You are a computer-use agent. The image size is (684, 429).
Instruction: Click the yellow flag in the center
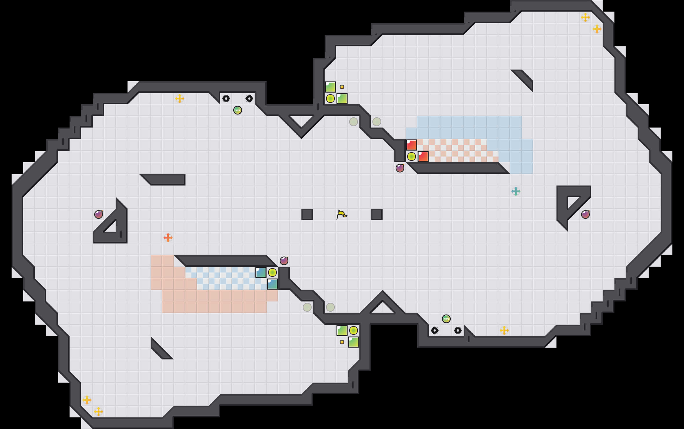[341, 215]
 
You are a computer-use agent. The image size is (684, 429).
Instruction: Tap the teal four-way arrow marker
[516, 191]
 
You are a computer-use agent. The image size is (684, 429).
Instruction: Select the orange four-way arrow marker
[168, 238]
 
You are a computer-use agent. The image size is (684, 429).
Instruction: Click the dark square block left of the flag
[307, 214]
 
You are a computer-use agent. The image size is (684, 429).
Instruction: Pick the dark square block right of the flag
[376, 214]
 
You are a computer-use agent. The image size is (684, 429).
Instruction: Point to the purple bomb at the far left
[99, 214]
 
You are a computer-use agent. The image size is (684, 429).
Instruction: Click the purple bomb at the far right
[585, 214]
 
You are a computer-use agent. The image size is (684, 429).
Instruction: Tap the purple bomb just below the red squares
[400, 168]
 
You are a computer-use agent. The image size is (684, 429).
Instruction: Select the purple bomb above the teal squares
[284, 261]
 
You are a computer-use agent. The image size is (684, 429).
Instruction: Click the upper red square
[412, 145]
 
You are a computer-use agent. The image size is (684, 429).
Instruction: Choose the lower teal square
[272, 284]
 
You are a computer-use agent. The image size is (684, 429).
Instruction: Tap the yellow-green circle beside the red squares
[412, 157]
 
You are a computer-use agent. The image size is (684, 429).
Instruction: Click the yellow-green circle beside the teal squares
[272, 272]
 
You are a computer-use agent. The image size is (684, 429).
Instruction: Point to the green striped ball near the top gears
[238, 110]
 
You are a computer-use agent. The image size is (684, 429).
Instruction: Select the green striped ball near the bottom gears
[446, 319]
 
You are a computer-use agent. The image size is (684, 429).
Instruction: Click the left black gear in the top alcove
[226, 99]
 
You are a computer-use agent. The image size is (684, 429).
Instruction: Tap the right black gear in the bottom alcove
[458, 330]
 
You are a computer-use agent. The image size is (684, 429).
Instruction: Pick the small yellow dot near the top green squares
[342, 87]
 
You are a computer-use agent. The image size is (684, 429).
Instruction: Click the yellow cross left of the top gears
[180, 99]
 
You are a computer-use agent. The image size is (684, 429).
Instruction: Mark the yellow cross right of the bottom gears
[504, 330]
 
